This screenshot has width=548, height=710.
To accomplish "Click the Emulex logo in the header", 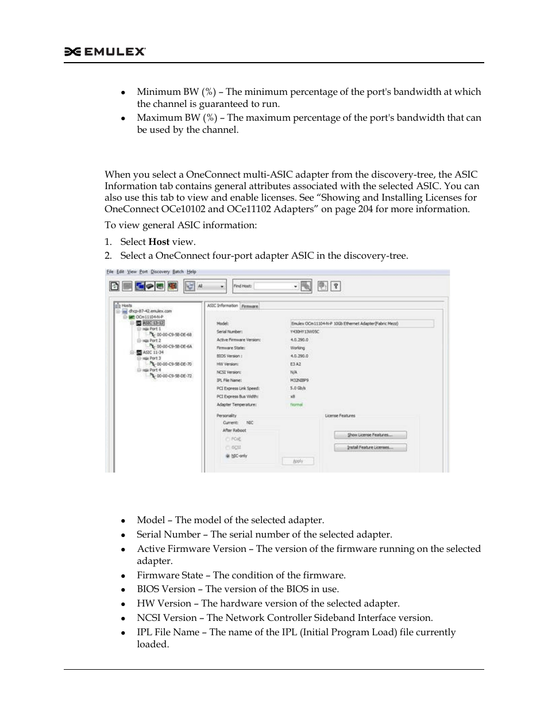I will coord(105,52).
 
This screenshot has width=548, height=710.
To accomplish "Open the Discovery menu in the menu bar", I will coord(160,272).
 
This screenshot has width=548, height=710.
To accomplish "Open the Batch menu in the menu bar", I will coord(178,272).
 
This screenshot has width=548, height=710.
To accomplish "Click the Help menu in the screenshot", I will coord(192,272).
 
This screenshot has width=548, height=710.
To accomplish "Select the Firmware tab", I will coord(250,306).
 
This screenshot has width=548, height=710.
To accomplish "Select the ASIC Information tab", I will coord(222,306).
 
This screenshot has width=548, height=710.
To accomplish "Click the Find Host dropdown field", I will coord(276,286).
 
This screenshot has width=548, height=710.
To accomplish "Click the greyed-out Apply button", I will coord(298,461).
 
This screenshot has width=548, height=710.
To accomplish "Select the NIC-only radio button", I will coord(228,456).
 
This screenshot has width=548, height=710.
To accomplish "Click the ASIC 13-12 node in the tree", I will coord(153,323).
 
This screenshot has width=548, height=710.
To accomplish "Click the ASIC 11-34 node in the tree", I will coord(153,352).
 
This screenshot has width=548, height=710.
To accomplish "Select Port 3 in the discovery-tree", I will coord(155,358).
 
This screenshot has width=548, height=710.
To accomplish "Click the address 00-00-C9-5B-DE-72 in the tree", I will coord(174,376).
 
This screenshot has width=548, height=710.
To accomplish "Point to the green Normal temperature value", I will coord(296,405).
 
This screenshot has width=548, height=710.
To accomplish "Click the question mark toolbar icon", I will coord(336,286).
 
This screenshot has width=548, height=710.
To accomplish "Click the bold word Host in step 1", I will coord(158,242).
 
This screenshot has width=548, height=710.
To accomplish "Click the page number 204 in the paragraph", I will coord(365,209).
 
